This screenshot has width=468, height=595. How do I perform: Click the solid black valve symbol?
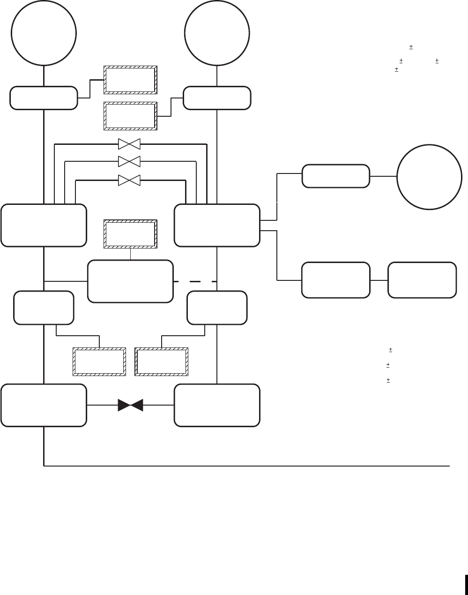[130, 405]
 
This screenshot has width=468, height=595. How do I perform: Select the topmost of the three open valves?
[129, 144]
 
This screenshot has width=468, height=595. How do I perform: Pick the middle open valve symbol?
[129, 161]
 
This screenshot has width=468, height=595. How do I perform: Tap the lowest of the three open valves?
[129, 180]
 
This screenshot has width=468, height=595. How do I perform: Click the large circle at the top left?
[44, 34]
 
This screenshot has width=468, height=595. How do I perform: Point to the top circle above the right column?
[217, 34]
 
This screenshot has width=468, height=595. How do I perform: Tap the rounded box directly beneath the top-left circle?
[44, 98]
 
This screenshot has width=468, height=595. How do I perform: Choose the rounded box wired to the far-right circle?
[335, 176]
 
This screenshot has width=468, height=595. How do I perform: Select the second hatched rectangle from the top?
[130, 115]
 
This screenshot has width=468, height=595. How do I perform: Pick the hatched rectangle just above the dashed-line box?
[130, 234]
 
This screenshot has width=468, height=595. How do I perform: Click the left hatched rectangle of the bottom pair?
[99, 362]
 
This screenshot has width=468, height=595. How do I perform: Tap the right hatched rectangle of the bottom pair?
[162, 362]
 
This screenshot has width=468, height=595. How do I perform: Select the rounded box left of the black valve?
[44, 405]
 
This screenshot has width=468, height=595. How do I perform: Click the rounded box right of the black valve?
[217, 405]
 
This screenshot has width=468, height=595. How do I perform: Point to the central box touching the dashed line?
[130, 281]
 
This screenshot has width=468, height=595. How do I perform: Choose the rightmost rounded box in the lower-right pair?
[422, 280]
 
